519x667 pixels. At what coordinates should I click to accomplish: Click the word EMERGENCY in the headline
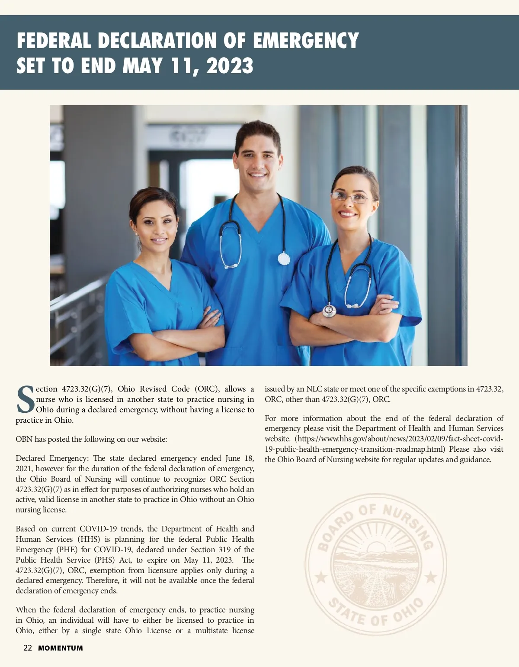[x=305, y=41]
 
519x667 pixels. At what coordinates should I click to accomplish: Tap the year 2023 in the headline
[x=230, y=66]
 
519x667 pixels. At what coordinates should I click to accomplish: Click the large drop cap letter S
[x=25, y=399]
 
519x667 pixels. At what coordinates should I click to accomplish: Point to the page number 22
[x=28, y=648]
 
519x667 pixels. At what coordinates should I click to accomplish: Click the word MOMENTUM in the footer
[x=61, y=648]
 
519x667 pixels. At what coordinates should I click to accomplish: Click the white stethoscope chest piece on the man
[x=284, y=259]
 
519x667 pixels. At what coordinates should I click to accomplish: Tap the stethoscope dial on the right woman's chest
[x=329, y=310]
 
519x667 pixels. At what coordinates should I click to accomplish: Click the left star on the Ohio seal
[x=321, y=576]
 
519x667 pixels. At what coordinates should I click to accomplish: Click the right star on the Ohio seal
[x=431, y=576]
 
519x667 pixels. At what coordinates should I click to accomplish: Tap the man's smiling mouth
[x=258, y=175]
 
